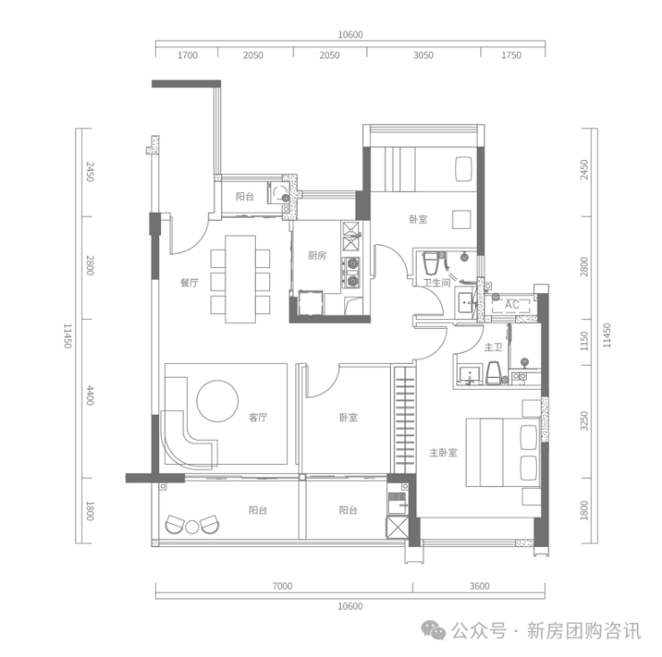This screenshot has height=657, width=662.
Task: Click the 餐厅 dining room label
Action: click(x=190, y=282)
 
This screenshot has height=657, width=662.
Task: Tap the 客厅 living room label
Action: click(x=258, y=417)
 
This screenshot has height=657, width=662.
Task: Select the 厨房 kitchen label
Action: click(x=317, y=256)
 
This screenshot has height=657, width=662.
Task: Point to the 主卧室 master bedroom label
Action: click(x=444, y=453)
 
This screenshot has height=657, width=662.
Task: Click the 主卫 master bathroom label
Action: click(x=493, y=348)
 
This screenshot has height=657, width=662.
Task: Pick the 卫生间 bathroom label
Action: click(x=437, y=282)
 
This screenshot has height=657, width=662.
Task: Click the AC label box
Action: click(x=512, y=305)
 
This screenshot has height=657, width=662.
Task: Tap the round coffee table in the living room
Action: click(x=217, y=400)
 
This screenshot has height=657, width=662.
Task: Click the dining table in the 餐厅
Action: click(x=241, y=280)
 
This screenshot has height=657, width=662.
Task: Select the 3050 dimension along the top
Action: click(x=423, y=55)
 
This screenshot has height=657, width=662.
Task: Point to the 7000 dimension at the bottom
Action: click(x=283, y=586)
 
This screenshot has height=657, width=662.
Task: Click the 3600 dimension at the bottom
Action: click(x=480, y=586)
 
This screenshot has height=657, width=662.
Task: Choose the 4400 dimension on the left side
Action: click(x=90, y=395)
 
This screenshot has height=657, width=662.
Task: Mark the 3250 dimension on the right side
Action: click(x=584, y=421)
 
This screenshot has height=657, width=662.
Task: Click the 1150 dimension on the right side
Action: click(x=584, y=341)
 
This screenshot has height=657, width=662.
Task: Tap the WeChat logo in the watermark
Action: click(x=434, y=630)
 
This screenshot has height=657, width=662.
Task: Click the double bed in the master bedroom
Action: click(x=503, y=453)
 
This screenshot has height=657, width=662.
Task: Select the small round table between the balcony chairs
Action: click(x=192, y=527)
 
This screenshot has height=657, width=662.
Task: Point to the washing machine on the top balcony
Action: click(x=278, y=193)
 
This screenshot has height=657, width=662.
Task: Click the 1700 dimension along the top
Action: click(x=188, y=55)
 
